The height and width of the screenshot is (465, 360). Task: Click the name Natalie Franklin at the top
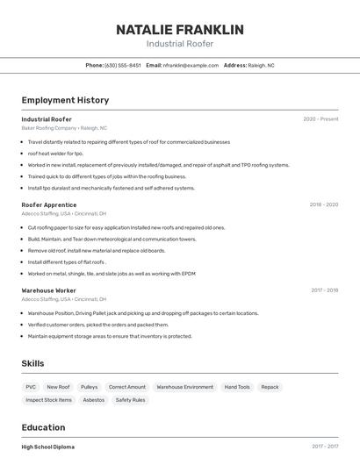coord(179,29)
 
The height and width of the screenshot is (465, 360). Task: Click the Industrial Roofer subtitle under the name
coord(179,44)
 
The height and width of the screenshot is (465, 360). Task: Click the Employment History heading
coord(65,100)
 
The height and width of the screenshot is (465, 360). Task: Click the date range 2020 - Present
coord(320,119)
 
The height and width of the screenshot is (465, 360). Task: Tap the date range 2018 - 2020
coord(323,204)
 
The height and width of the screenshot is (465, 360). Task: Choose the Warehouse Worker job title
coord(49,290)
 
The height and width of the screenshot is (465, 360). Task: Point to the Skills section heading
coord(32,363)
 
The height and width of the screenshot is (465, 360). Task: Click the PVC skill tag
coord(31,387)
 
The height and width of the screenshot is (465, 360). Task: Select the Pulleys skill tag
coord(89,387)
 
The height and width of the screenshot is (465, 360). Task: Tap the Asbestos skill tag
coord(92,400)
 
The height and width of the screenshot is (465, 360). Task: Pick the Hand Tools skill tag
coord(237,387)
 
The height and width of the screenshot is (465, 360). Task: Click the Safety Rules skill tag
coord(130,400)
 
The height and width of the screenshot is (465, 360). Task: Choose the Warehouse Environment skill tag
coord(184,387)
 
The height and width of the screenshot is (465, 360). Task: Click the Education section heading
coord(44,427)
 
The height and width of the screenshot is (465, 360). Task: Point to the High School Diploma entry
coord(48,447)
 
